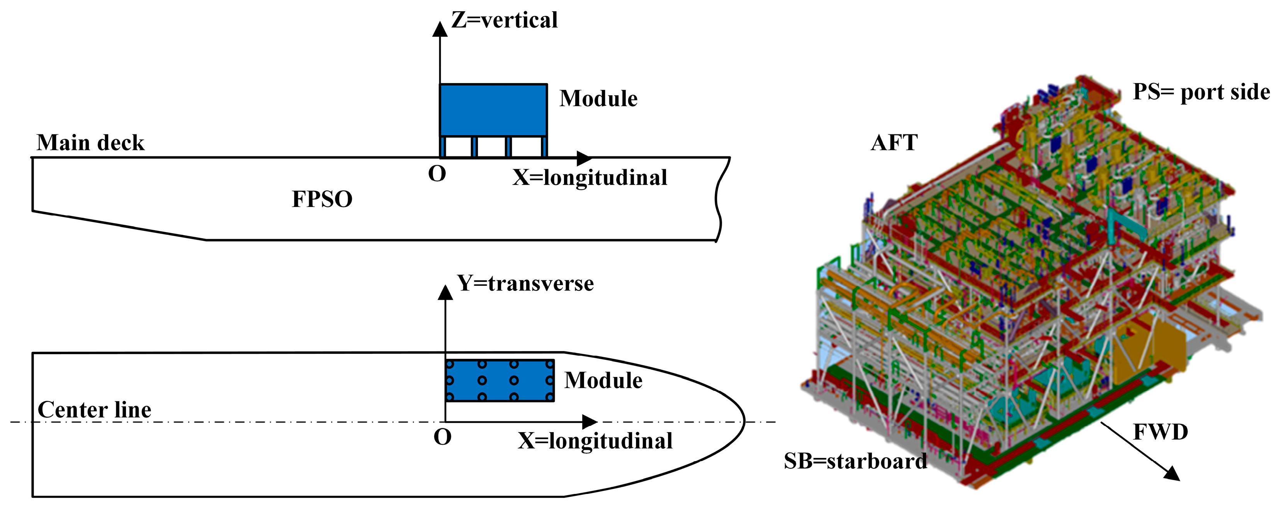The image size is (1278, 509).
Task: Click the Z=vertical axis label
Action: [x=504, y=21]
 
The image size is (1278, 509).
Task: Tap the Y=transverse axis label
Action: [x=525, y=284]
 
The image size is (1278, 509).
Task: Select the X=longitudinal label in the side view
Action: [x=590, y=178]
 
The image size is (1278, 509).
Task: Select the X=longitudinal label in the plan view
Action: [x=595, y=441]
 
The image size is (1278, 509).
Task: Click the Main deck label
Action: [x=90, y=143]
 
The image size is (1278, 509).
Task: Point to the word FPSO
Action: [x=322, y=199]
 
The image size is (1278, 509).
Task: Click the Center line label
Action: [x=94, y=410]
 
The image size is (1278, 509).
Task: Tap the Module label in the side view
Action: [x=598, y=99]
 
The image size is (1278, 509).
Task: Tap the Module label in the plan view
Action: [x=603, y=380]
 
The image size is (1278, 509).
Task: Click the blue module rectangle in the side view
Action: [x=493, y=110]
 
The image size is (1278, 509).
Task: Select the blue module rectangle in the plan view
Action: [x=500, y=380]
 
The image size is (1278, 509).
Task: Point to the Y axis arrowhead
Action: [x=445, y=293]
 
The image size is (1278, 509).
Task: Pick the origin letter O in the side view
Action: [x=437, y=174]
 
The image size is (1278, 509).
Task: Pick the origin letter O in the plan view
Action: [x=442, y=438]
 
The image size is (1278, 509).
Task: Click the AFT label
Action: [x=894, y=143]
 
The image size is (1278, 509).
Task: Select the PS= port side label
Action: [x=1201, y=92]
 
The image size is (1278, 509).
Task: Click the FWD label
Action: [x=1161, y=433]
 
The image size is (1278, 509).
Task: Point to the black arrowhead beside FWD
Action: [x=1172, y=474]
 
